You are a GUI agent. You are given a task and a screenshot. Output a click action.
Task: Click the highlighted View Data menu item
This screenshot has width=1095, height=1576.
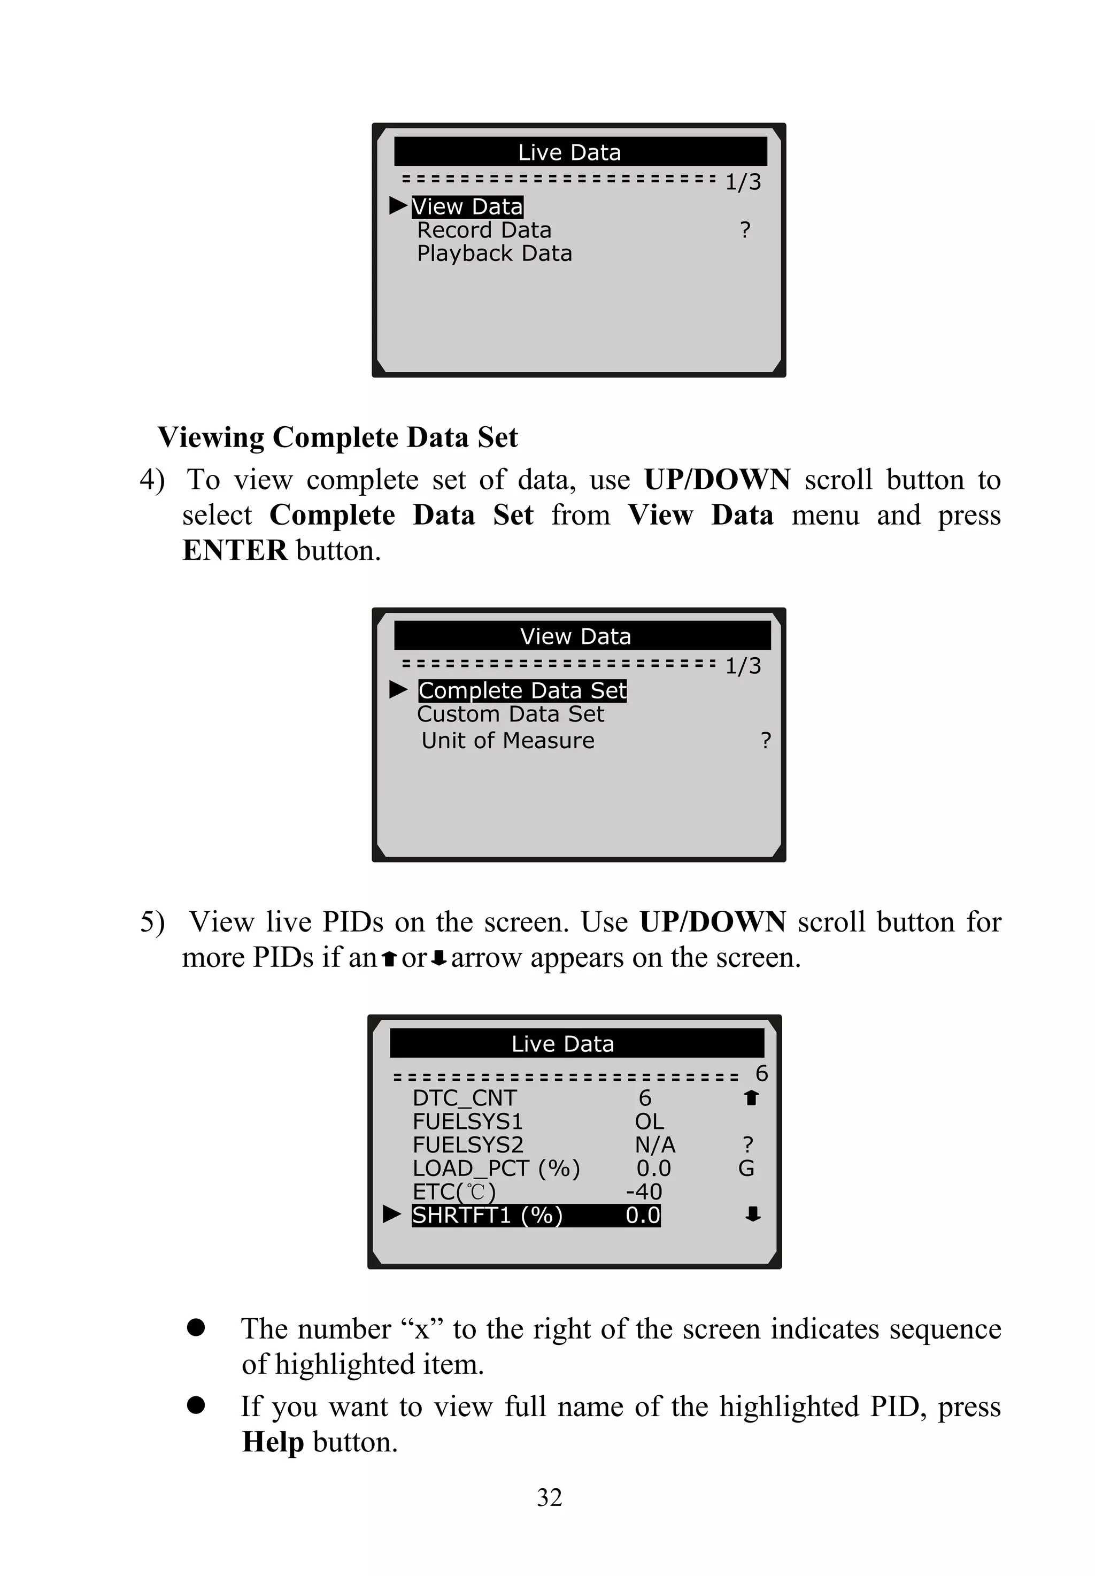[x=467, y=206]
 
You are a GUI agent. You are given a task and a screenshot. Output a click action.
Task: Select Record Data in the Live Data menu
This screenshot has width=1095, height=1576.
[x=484, y=230]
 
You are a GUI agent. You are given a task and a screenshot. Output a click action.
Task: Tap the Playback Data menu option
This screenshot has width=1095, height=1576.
[x=494, y=254]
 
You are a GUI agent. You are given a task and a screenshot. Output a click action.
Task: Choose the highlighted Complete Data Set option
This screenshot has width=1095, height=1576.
[x=522, y=690]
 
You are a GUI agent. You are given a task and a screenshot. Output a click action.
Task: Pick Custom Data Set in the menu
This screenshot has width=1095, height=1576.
[x=511, y=714]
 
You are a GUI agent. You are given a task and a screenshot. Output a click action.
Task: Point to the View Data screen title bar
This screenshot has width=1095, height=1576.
[x=581, y=636]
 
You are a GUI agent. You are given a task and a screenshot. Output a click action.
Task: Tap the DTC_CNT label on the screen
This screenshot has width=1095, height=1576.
[x=465, y=1098]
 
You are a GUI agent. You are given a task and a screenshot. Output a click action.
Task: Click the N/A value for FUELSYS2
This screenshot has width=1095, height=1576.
[x=654, y=1144]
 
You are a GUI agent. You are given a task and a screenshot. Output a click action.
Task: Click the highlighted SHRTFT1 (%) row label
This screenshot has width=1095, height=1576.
[x=487, y=1215]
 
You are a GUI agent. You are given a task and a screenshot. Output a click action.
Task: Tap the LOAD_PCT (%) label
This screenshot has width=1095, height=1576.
[x=496, y=1168]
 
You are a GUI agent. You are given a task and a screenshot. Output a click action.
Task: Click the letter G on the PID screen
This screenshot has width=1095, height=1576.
[x=746, y=1168]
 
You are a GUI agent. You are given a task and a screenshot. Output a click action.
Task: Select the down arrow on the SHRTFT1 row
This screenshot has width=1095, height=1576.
[x=753, y=1215]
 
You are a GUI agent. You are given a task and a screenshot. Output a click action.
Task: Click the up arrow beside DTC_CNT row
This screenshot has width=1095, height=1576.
[x=751, y=1098]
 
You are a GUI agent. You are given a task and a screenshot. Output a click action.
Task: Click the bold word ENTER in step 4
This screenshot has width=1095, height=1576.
[x=235, y=551]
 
